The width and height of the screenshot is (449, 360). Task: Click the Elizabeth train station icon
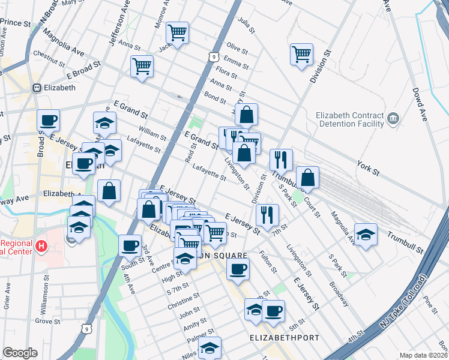click(x=37, y=88)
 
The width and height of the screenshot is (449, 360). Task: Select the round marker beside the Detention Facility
click(x=394, y=118)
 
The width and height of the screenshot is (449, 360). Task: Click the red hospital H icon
click(x=41, y=246)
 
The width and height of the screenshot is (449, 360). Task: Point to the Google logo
click(x=20, y=353)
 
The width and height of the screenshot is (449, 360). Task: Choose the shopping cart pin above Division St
click(x=301, y=55)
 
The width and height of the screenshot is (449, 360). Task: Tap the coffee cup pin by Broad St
click(x=48, y=120)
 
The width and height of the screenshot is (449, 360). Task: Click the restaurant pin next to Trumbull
click(x=280, y=160)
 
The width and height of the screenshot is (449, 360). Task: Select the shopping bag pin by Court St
click(x=307, y=177)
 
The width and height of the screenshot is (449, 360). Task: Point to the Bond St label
click(x=214, y=95)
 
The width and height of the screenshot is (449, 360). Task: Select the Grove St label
click(x=44, y=321)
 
